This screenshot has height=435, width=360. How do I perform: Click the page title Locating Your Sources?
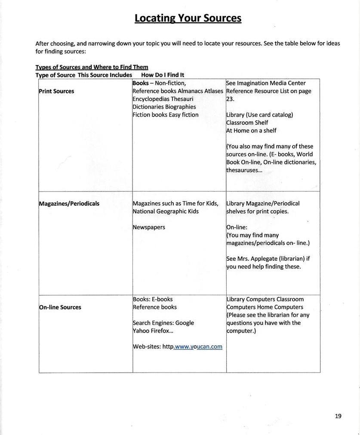(188, 18)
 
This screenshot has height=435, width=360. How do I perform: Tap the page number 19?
(338, 416)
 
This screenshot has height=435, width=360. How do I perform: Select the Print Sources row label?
(56, 91)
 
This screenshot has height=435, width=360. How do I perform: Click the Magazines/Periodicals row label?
(69, 204)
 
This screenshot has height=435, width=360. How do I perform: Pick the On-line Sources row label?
(60, 307)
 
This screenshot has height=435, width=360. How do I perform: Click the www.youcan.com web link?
(198, 346)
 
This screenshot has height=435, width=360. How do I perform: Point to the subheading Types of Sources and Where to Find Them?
(92, 67)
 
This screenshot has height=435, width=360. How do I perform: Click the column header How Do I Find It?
(163, 75)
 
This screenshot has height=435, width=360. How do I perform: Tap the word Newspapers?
(149, 227)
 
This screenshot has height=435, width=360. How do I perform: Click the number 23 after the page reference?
(229, 99)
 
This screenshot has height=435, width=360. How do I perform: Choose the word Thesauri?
(182, 99)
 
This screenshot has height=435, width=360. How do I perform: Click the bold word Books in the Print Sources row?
(141, 83)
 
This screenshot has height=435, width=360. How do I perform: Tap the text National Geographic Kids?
(166, 211)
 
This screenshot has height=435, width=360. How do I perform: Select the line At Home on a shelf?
(251, 130)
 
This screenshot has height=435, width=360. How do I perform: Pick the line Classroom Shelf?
(247, 123)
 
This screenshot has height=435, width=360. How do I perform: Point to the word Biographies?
(180, 107)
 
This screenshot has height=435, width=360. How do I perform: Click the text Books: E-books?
(153, 299)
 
